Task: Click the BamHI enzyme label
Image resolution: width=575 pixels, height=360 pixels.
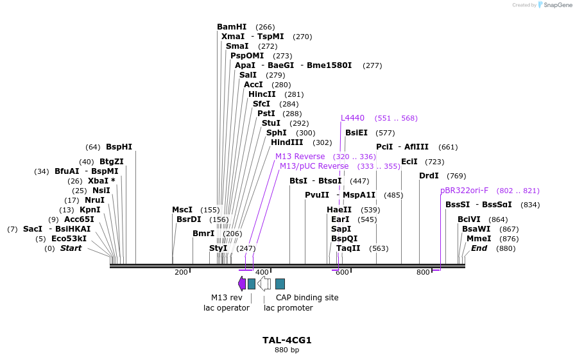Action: coord(232,27)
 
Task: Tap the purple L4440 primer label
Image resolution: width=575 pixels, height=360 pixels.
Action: coord(352,118)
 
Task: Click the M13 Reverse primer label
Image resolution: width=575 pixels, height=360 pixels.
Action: coord(300,157)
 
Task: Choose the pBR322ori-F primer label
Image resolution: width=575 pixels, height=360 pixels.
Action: coord(464,191)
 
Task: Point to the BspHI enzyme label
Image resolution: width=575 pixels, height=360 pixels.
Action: coord(119,147)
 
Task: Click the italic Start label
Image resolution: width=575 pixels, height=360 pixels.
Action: coord(71,248)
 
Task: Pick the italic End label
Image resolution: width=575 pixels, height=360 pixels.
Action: coord(479,248)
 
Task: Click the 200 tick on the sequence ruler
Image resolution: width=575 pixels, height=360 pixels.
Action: coord(181,273)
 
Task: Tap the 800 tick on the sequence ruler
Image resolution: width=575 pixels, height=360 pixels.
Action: coord(423,273)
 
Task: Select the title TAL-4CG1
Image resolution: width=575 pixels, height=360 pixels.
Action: coord(287,340)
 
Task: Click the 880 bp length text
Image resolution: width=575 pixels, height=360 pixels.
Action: coord(287,350)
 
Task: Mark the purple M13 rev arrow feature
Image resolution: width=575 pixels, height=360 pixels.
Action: coord(241,284)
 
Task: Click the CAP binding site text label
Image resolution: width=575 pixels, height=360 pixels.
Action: coord(307,298)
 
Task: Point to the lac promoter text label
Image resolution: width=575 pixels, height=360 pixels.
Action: coord(288,308)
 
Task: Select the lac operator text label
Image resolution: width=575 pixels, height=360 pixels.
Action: coord(222,308)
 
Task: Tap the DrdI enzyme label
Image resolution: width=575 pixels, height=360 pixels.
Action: coord(429,176)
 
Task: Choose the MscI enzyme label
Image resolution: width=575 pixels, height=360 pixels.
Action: coord(182,210)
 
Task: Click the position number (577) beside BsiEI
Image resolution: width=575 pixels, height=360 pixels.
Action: coord(385,133)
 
